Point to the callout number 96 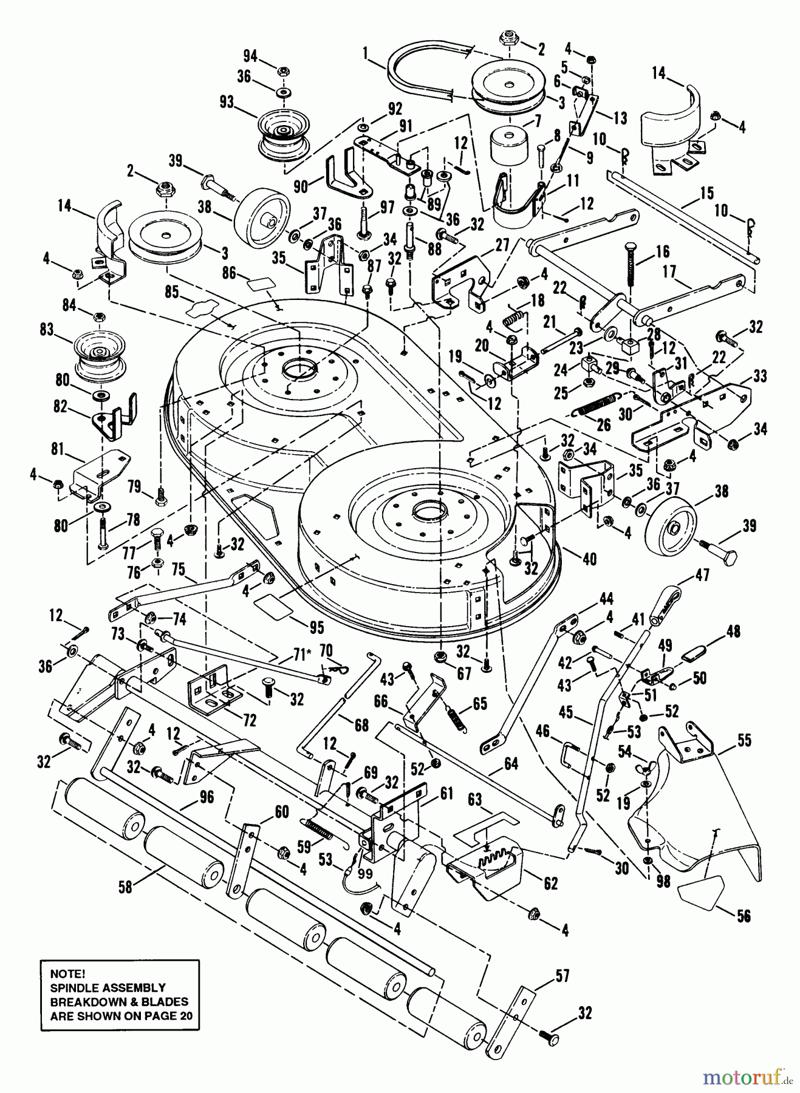pos(207,797)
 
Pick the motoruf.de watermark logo pos(748,1077)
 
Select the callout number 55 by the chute pos(744,740)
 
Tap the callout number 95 pos(316,627)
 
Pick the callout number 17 pos(669,272)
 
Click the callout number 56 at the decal pos(744,915)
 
